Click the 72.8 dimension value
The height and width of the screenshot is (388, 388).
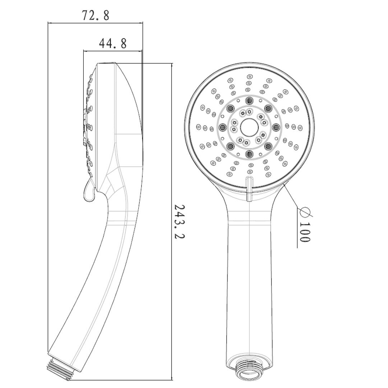(95, 15)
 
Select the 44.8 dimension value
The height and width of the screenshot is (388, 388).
(112, 43)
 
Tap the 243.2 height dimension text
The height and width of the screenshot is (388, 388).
(179, 221)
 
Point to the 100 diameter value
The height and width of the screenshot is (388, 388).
(305, 232)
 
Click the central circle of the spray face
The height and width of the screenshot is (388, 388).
(249, 127)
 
